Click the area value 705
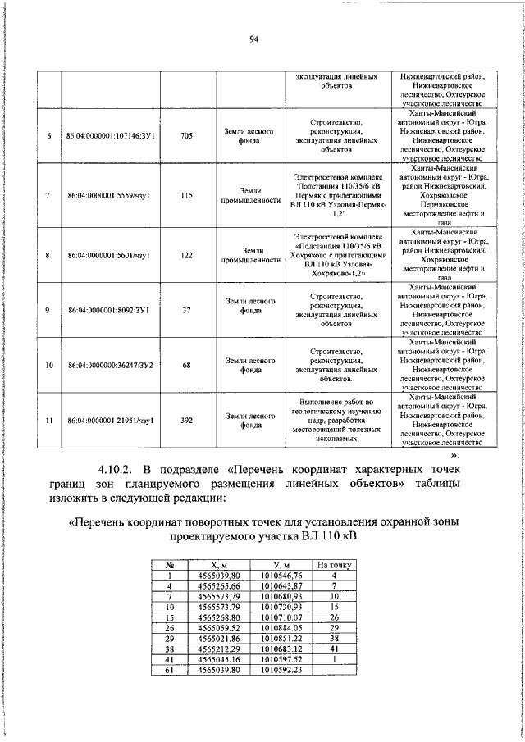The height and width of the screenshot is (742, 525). [186, 136]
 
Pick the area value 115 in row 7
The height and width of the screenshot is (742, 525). [186, 195]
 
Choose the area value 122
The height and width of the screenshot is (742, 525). [186, 255]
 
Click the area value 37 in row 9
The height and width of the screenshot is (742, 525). [186, 310]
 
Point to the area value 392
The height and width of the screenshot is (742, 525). [186, 421]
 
